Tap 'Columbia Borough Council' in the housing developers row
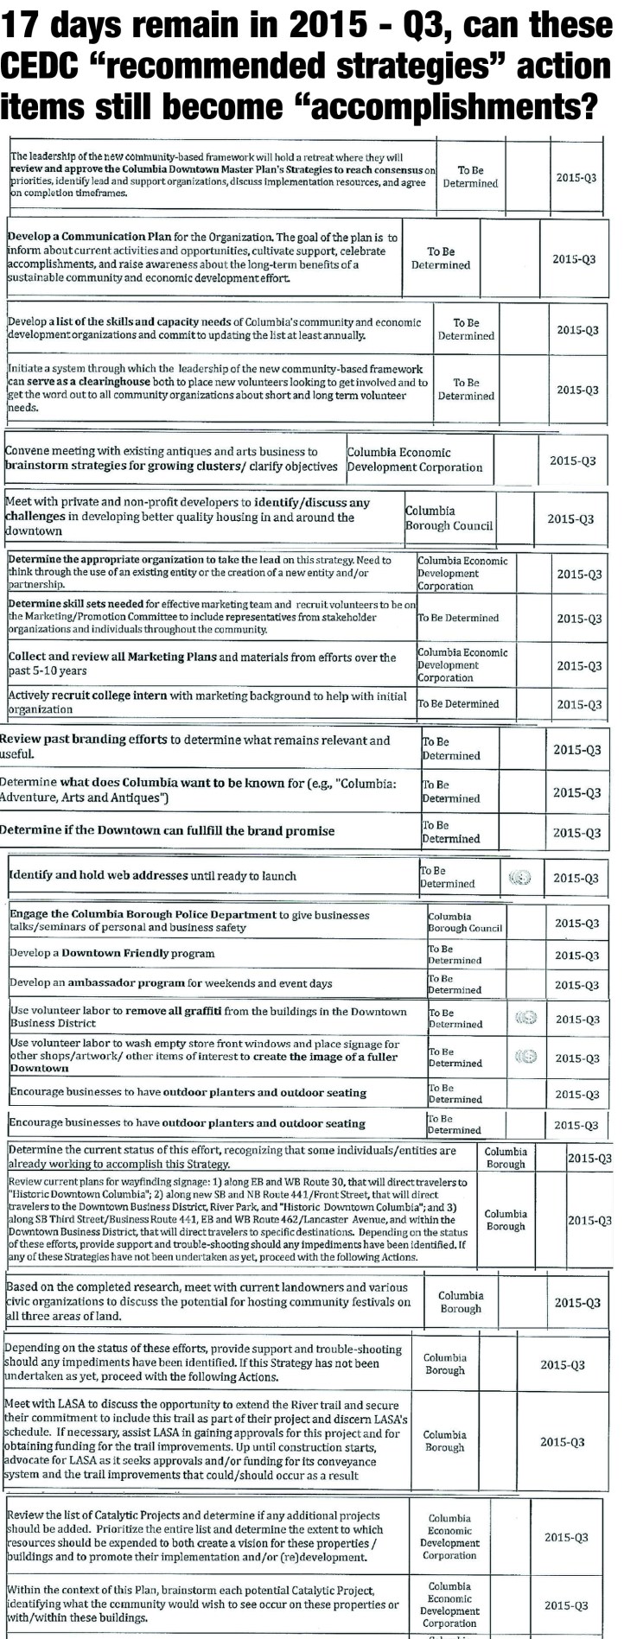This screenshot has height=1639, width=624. click(449, 518)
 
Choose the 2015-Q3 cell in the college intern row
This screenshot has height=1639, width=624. click(578, 705)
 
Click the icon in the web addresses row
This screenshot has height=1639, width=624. click(519, 877)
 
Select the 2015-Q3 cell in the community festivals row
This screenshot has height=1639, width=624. click(577, 1302)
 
